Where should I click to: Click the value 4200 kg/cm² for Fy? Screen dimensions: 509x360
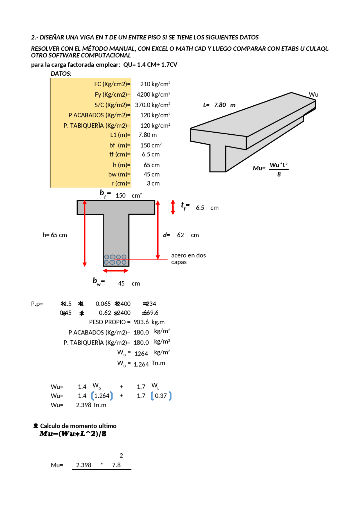pos(153,94)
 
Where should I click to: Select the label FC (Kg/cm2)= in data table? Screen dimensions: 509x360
pos(112,84)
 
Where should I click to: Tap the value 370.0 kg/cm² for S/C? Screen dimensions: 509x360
pos(152,105)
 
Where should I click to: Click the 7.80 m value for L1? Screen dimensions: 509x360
pos(147,135)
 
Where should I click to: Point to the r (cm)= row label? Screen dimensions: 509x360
pos(121,184)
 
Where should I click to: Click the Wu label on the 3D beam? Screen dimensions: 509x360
pos(313,95)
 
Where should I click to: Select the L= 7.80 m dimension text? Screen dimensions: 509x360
pos(219,105)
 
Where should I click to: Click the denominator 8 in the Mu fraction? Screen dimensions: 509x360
pos(279,174)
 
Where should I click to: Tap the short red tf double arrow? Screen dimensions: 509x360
pos(173,207)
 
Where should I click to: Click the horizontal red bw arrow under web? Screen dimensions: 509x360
pos(116,271)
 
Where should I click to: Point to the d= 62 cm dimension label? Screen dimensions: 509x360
pos(181,235)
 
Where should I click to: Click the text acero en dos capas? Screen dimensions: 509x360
pos(188,259)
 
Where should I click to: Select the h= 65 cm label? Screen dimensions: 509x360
pos(55,235)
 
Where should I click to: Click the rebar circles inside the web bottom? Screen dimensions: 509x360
pos(115,260)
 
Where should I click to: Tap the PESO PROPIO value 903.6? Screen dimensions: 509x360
pos(141,322)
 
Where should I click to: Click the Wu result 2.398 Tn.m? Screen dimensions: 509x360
pos(91,405)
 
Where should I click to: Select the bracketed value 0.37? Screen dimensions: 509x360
pos(161,396)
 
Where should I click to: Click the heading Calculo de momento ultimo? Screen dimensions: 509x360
pos(78,426)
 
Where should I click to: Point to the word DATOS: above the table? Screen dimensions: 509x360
pos(61,74)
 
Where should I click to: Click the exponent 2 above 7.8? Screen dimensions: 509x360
pos(121,456)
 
